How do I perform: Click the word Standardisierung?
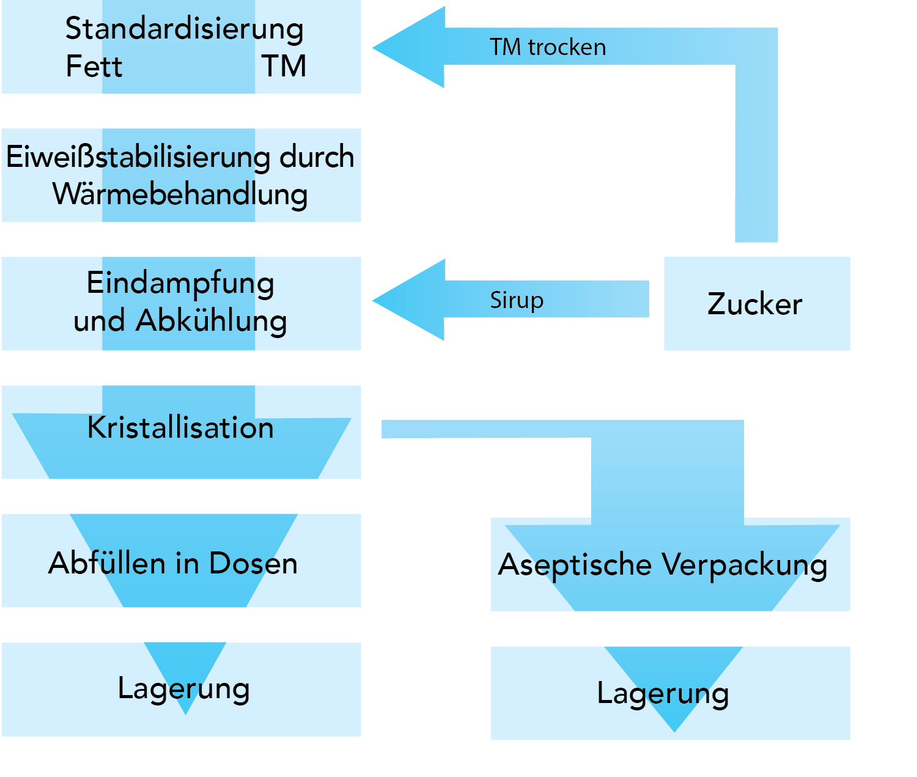tap(184, 29)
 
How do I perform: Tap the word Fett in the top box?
tap(94, 66)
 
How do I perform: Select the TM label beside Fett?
tap(284, 66)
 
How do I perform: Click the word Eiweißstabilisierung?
tap(138, 157)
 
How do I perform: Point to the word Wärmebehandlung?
tap(180, 194)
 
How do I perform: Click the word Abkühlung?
tap(212, 321)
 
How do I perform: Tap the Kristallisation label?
tap(180, 427)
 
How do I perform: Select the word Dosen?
tap(253, 563)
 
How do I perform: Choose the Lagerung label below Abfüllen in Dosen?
tap(183, 689)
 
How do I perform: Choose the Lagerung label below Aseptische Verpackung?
tap(663, 694)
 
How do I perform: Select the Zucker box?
tap(756, 304)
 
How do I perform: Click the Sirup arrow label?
tap(517, 300)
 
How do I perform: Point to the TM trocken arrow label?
tap(548, 47)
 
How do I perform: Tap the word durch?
tap(317, 157)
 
